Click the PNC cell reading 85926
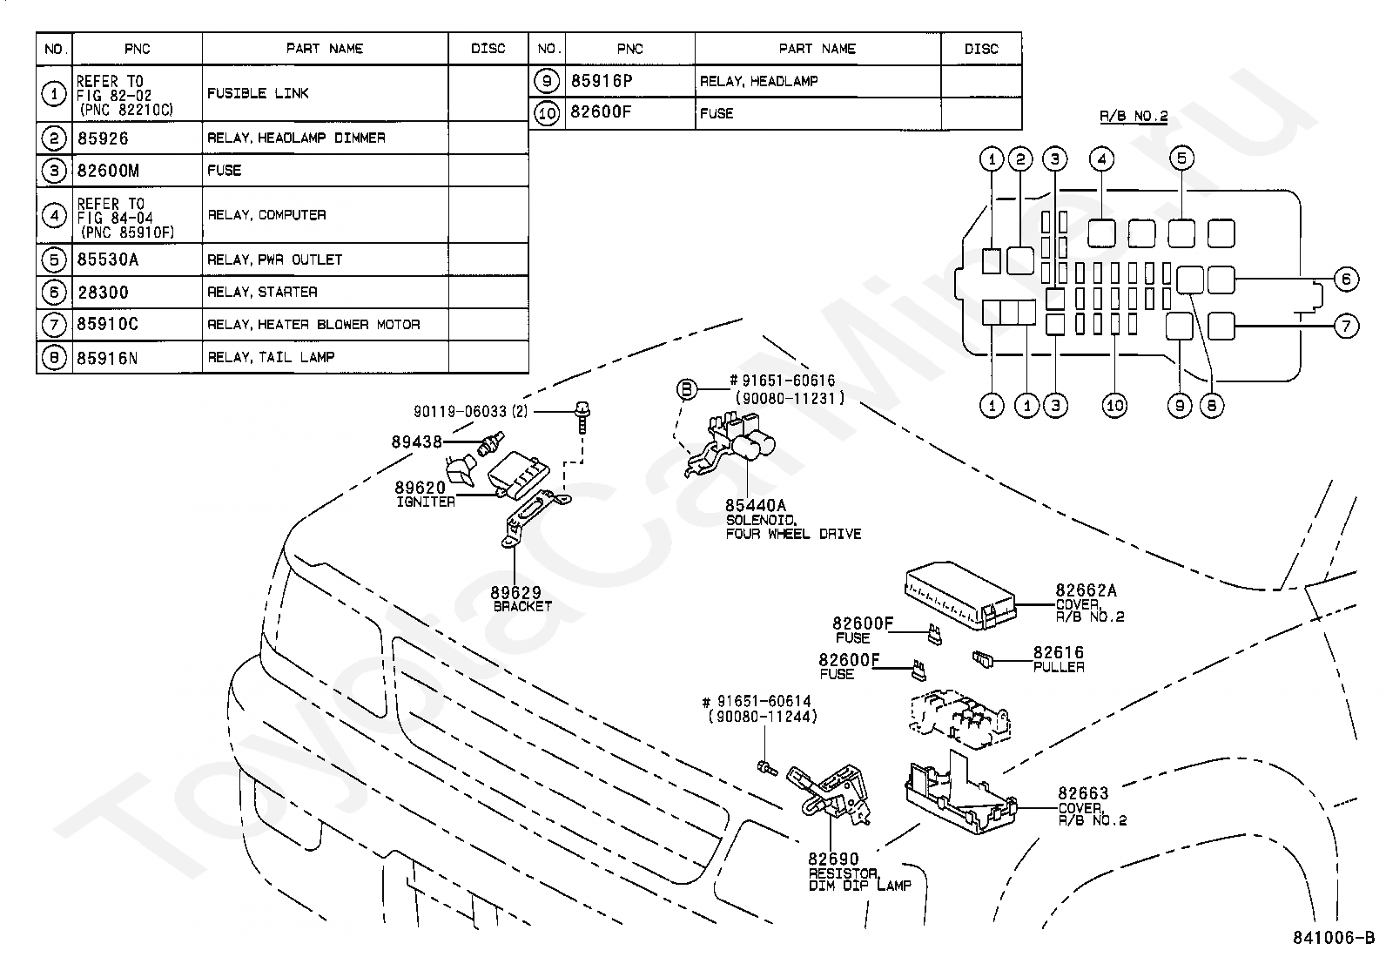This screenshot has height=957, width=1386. pyautogui.click(x=103, y=138)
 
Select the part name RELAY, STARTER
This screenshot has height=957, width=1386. pyautogui.click(x=262, y=292)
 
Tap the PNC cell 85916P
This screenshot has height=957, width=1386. pyautogui.click(x=602, y=81)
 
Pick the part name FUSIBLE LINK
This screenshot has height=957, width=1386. pyautogui.click(x=258, y=93)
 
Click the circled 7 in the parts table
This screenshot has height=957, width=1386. pyautogui.click(x=54, y=324)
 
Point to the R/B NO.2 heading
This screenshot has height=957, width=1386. pyautogui.click(x=1134, y=116)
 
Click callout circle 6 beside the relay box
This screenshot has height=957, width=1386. pyautogui.click(x=1347, y=280)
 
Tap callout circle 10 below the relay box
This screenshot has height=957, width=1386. pyautogui.click(x=1114, y=406)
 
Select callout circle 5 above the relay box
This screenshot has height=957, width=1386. pyautogui.click(x=1181, y=158)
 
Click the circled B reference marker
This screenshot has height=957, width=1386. pyautogui.click(x=686, y=389)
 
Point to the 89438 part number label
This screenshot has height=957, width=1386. pyautogui.click(x=416, y=442)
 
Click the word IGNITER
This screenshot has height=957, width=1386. pyautogui.click(x=426, y=502)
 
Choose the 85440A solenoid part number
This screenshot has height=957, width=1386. pyautogui.click(x=756, y=506)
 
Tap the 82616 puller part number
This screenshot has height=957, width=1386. pyautogui.click(x=1058, y=652)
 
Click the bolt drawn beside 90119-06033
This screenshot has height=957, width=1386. pyautogui.click(x=582, y=418)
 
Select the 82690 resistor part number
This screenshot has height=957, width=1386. pyautogui.click(x=833, y=859)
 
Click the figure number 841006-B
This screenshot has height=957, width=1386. pyautogui.click(x=1334, y=938)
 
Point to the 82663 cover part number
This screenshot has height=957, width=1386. pyautogui.click(x=1083, y=793)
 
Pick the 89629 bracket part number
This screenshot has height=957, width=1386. pyautogui.click(x=516, y=593)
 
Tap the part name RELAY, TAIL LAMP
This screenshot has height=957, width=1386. pyautogui.click(x=271, y=357)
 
